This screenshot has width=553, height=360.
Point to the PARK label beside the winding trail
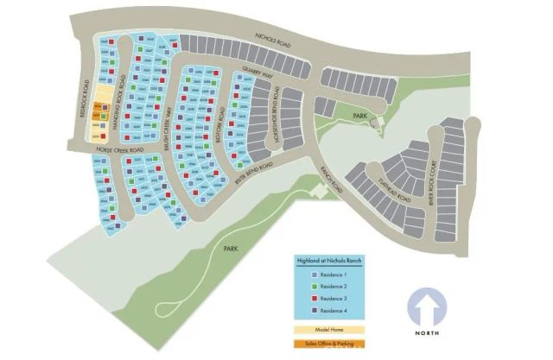pos(231,248)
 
